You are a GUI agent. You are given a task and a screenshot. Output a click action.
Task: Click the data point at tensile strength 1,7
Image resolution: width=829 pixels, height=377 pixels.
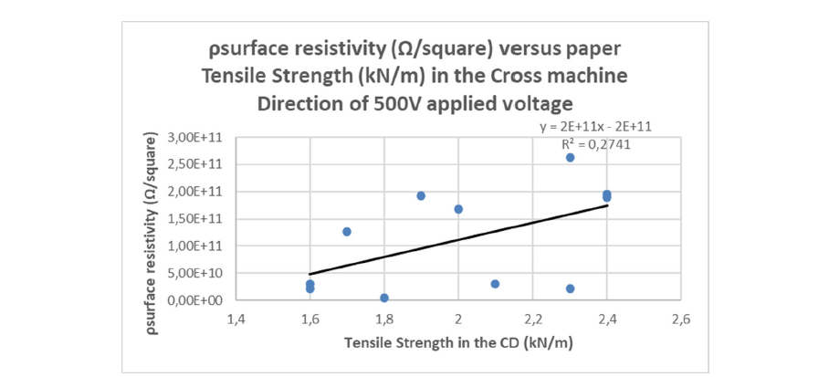pyautogui.click(x=347, y=232)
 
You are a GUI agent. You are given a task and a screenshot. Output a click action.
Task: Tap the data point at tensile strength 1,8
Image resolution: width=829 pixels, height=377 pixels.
pyautogui.click(x=384, y=298)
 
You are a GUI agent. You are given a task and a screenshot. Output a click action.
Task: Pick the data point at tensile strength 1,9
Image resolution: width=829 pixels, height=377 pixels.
pyautogui.click(x=421, y=196)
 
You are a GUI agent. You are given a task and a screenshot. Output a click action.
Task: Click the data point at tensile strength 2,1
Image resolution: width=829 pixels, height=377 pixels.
pyautogui.click(x=495, y=284)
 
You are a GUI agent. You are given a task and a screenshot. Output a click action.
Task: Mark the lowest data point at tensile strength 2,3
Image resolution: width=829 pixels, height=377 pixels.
pyautogui.click(x=570, y=288)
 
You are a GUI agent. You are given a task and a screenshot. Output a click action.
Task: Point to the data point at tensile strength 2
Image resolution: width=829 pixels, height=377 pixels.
pyautogui.click(x=458, y=209)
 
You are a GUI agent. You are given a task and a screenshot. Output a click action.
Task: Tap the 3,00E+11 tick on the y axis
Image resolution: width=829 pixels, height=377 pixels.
pyautogui.click(x=197, y=137)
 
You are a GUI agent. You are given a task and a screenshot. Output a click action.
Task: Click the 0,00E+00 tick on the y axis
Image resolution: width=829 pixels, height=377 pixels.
pyautogui.click(x=197, y=299)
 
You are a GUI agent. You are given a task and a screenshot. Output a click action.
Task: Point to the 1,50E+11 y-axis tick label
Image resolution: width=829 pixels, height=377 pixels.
pyautogui.click(x=197, y=218)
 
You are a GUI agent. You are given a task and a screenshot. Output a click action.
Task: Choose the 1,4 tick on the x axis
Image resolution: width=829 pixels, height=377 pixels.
pyautogui.click(x=236, y=319)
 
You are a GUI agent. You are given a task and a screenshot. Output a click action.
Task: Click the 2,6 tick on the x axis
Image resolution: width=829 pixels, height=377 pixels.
pyautogui.click(x=680, y=319)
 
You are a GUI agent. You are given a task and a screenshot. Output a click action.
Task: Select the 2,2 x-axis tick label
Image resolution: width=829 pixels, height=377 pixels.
pyautogui.click(x=532, y=319)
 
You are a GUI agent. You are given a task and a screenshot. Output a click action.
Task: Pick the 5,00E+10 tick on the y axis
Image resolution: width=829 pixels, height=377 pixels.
pyautogui.click(x=197, y=272)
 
